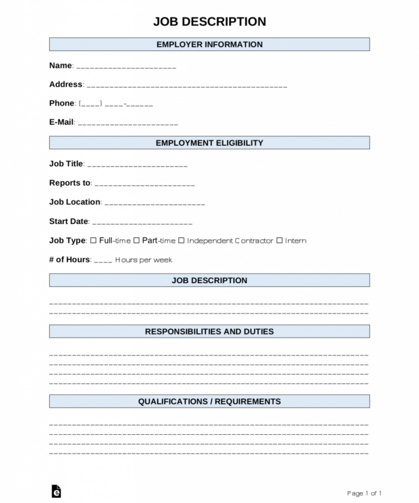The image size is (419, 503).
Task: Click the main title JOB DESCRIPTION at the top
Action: point(209,22)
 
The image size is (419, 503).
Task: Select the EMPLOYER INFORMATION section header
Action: point(209,45)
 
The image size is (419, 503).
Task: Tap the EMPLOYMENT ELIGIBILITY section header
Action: point(209,143)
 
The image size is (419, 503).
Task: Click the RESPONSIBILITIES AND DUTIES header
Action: point(209,331)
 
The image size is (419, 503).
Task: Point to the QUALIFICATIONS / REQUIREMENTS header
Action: point(209,401)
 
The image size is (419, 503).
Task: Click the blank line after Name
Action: point(126,67)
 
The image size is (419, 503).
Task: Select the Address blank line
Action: point(187,86)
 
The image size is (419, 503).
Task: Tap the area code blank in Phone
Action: point(91,104)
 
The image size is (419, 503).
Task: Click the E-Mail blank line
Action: point(128,124)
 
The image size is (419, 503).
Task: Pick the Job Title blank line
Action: point(137,165)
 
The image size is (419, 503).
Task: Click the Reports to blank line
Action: point(145,184)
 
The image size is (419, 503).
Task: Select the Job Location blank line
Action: point(155,203)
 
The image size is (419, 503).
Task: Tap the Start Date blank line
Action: point(142,223)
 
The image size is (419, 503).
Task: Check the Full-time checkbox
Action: point(93,240)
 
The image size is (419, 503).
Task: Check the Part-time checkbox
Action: point(136,240)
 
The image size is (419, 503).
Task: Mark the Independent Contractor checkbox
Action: point(181,240)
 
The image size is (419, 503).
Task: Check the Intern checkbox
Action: point(279,240)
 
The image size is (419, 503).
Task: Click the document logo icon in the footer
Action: point(56,491)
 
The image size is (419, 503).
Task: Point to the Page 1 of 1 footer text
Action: point(364,493)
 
